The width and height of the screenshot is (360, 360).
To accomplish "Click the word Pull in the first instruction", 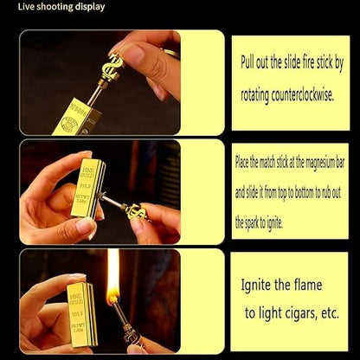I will click(x=250, y=62).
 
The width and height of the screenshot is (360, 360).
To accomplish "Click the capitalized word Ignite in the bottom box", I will click(x=257, y=284).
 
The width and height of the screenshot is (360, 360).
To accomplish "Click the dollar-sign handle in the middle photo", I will click(x=136, y=212).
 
